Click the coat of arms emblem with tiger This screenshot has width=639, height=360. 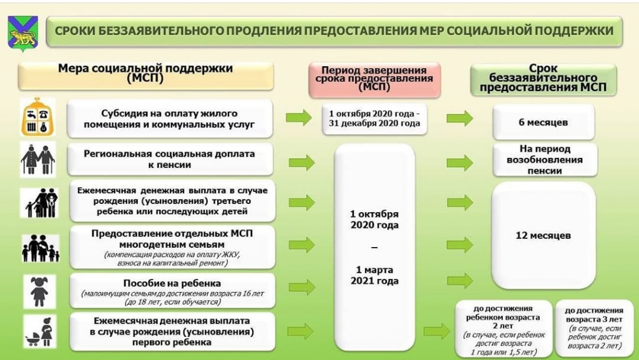[x=24, y=33]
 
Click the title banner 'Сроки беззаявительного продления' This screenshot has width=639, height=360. [x=334, y=31]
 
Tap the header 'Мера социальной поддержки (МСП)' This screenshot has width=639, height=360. [x=145, y=73]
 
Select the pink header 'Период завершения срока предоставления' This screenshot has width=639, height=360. [x=374, y=79]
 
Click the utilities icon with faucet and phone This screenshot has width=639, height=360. [x=38, y=117]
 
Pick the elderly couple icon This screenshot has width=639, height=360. [x=38, y=160]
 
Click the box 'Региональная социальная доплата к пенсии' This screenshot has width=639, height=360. [x=170, y=160]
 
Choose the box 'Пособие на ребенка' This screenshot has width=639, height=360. [x=170, y=291]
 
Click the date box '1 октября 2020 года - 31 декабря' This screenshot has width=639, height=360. [x=374, y=119]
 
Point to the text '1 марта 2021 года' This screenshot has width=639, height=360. [x=374, y=275]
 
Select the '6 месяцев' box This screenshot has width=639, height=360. [x=543, y=122]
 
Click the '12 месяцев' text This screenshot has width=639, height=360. [x=543, y=236]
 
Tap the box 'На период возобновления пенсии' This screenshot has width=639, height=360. [x=543, y=160]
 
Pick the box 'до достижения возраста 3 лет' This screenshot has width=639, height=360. [x=593, y=328]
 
